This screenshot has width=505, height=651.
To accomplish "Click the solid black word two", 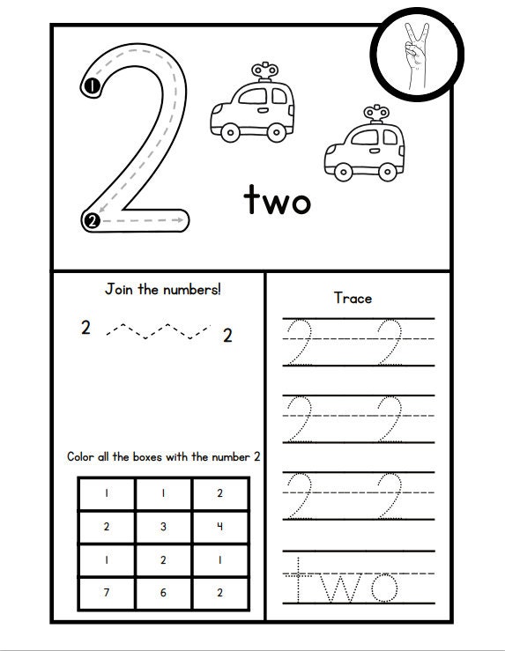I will coord(277,201).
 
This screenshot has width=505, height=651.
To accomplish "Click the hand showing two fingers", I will coord(415,53).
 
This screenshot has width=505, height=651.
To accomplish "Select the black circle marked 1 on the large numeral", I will coord(91,85).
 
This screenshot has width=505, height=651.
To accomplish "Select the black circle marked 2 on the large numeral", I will coord(92,221).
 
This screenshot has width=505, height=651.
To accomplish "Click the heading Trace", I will coord(353,298).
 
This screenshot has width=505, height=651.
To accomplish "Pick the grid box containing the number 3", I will coord(163,527).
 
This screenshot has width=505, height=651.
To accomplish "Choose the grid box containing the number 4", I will coord(220,527).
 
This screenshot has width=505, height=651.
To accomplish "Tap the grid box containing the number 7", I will coord(107,592).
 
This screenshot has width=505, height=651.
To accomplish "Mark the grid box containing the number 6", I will coord(163,592).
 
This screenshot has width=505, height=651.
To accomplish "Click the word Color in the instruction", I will coord(82,456).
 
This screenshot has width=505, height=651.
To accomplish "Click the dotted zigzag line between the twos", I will coord(157,330).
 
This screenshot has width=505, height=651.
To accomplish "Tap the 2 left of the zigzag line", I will coord(85,329).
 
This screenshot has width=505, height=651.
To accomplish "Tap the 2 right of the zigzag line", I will coord(227,335).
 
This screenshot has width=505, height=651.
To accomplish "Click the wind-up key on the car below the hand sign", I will coord(375,113).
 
